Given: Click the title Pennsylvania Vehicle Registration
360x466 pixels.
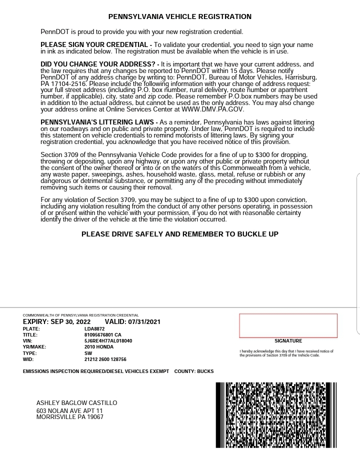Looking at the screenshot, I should click(x=180, y=16).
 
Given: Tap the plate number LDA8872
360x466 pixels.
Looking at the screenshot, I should click(x=94, y=329).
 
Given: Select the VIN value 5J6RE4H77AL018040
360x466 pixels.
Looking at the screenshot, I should click(x=108, y=341).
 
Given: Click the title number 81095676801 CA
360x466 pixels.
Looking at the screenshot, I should click(x=102, y=335).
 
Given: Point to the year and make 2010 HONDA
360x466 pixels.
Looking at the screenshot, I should click(x=99, y=347).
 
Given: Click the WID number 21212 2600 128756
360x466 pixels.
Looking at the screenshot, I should click(x=105, y=359).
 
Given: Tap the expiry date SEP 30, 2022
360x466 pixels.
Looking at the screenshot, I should click(x=70, y=322).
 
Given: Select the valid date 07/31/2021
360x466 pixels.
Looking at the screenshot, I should click(x=144, y=322).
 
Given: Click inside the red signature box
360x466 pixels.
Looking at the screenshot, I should click(x=288, y=325).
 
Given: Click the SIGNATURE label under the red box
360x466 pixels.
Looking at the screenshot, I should click(x=288, y=341).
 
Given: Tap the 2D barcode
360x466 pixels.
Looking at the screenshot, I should click(x=276, y=414).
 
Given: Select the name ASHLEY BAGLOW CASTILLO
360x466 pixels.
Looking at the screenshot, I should click(x=76, y=403).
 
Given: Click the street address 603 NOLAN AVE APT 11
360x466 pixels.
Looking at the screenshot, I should click(x=69, y=410).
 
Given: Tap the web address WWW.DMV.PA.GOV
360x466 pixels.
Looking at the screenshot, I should click(x=212, y=109).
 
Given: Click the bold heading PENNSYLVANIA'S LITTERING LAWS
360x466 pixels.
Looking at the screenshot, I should click(x=98, y=122).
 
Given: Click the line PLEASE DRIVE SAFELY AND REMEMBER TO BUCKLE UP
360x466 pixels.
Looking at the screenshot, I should click(x=180, y=234).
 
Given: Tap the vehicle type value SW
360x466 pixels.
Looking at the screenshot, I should click(x=88, y=353).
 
